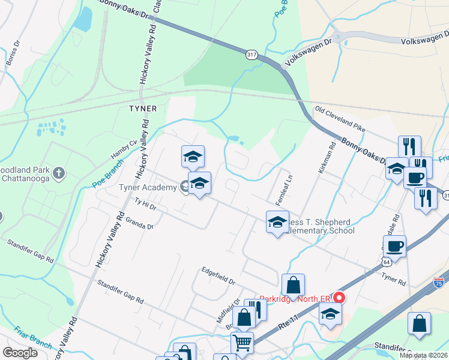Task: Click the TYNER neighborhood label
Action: click(x=143, y=109)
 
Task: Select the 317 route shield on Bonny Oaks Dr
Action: click(x=252, y=54)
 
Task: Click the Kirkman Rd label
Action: click(x=331, y=158)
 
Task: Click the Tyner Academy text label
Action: click(x=147, y=187)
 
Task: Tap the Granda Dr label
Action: click(x=139, y=223)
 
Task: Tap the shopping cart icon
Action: click(x=242, y=342)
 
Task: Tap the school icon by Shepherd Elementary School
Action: click(x=277, y=223)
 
